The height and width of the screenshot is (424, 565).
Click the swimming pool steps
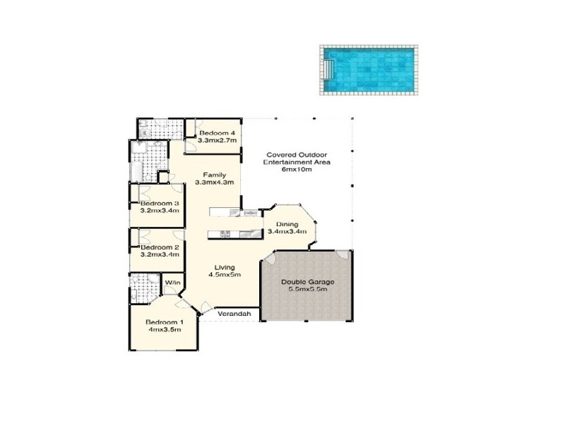click(x=329, y=69)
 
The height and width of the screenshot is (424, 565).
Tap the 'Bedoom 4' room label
click(x=217, y=133)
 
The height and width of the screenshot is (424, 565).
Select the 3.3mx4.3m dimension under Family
click(x=214, y=183)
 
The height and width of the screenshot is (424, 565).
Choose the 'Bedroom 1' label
click(x=160, y=323)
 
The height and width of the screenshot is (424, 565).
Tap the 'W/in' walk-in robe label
click(x=173, y=283)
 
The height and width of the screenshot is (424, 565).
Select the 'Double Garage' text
click(x=307, y=281)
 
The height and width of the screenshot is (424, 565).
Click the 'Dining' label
click(x=286, y=224)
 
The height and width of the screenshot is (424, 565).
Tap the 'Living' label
click(x=225, y=267)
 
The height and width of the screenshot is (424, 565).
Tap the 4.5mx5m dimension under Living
click(x=225, y=275)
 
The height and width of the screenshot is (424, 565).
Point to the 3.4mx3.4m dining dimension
click(x=286, y=232)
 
